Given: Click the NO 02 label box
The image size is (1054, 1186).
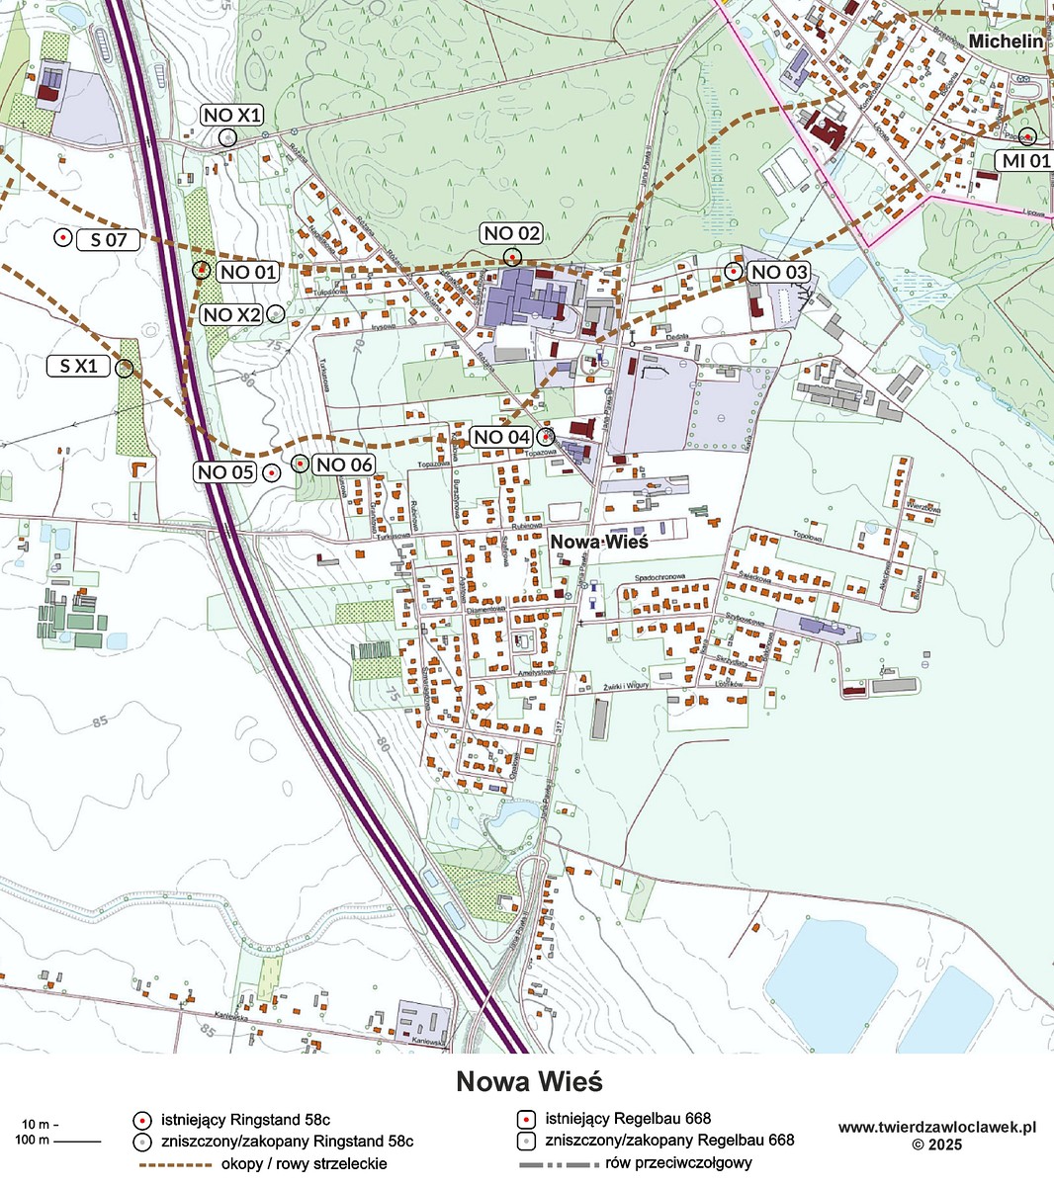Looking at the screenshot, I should click(512, 233).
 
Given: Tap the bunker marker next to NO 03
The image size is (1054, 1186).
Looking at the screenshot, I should click(734, 271).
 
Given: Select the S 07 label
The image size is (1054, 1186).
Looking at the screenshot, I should click(109, 238).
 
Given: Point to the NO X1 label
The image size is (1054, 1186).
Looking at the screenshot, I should click(232, 116).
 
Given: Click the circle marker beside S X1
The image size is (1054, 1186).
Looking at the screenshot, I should click(124, 368).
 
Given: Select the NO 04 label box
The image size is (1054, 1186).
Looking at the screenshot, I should click(502, 437).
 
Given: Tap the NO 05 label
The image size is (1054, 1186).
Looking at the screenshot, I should click(225, 472).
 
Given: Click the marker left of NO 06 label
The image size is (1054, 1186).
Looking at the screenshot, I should click(299, 463).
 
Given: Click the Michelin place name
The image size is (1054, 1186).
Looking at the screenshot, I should click(1006, 42).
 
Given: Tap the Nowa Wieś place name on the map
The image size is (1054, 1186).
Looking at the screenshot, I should click(598, 542).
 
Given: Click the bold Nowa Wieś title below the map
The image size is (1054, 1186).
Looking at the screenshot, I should click(529, 1081).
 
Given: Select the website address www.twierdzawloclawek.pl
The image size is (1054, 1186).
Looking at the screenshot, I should click(936, 1127).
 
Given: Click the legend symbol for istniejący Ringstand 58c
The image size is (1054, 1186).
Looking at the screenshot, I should click(141, 1120).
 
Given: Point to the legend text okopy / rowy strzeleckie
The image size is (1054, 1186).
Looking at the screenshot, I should click(305, 1163).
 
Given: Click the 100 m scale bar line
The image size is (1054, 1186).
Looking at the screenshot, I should click(78, 1142).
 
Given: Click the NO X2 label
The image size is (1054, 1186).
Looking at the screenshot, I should click(231, 315).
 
